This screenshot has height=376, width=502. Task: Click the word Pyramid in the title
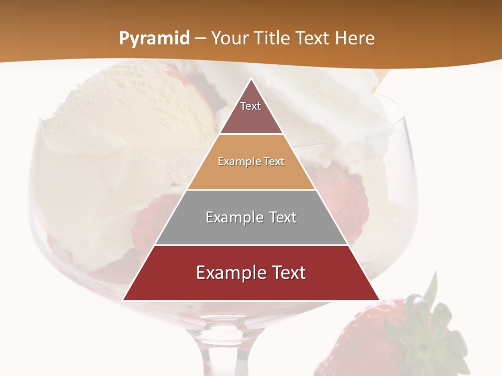(x=154, y=39)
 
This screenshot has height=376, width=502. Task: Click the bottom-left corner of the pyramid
(x=123, y=300)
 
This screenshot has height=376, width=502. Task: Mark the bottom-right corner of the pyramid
(x=379, y=300)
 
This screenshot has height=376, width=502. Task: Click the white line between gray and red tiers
(x=251, y=245)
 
